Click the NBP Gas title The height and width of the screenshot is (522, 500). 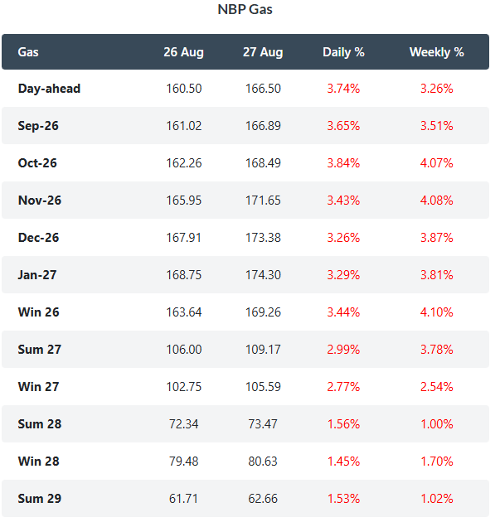point(245,9)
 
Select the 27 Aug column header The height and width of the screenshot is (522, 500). point(263,52)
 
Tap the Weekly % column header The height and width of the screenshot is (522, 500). point(436,52)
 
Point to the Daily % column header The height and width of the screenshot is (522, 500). point(343,52)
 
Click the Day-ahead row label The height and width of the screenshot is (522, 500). point(49,89)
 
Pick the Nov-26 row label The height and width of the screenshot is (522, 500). point(40,201)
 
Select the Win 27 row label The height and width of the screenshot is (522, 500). point(39,387)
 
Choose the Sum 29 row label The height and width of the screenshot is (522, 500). point(40,499)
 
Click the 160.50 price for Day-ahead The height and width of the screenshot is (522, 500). point(184,89)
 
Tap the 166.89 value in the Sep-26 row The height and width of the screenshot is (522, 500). point(263,126)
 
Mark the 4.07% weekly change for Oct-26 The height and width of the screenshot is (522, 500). point(436,163)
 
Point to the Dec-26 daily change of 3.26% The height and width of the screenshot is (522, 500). point(343,238)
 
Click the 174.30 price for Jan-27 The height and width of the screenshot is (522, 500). point(263,275)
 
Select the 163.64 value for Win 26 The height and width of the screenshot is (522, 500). point(184,312)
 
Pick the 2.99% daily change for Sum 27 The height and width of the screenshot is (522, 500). point(343,350)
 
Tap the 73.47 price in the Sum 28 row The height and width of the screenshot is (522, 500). point(263,424)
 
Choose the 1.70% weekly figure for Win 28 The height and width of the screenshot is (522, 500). point(437,462)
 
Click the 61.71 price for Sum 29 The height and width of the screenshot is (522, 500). point(183,499)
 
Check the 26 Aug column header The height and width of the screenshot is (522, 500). point(183,52)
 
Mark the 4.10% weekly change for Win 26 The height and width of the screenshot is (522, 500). point(436,312)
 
